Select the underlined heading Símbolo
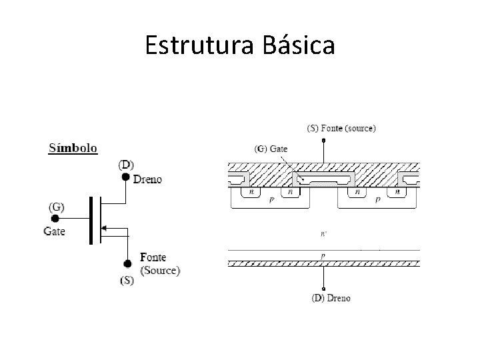tap(73, 147)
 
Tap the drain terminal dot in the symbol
tap(126, 177)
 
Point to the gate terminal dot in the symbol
tap(55, 218)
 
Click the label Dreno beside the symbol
tap(147, 179)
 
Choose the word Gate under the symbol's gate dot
tap(55, 231)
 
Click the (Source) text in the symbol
tap(160, 270)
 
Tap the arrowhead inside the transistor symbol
tap(103, 228)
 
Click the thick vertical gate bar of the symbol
tap(91, 220)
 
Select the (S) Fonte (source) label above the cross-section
tap(341, 127)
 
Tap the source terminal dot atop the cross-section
tap(323, 141)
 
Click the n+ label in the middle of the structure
tap(324, 234)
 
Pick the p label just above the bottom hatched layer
tap(323, 255)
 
